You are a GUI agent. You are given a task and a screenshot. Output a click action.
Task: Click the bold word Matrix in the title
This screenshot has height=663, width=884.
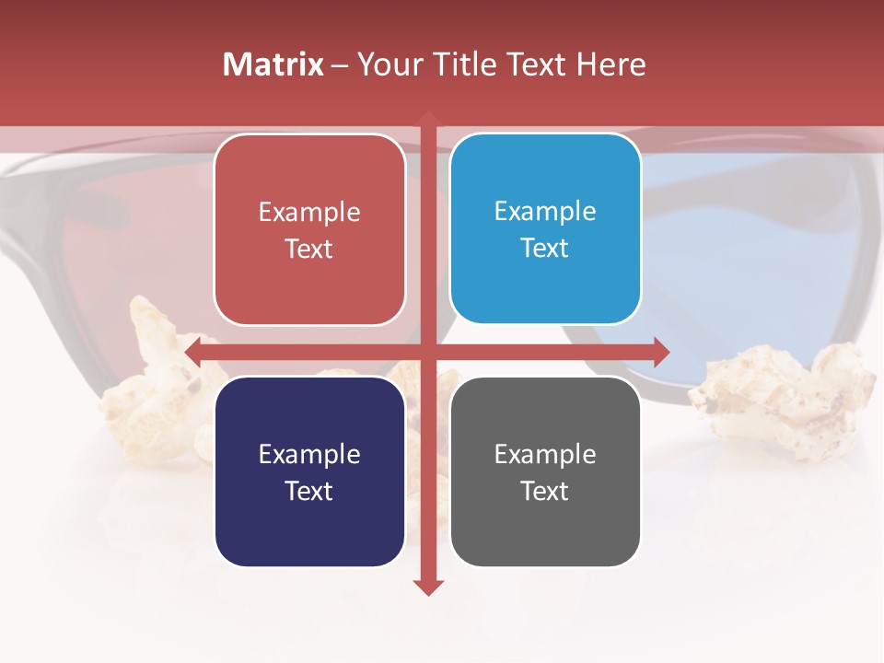coord(273,64)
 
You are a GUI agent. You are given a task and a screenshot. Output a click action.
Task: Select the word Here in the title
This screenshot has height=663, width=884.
coord(611,64)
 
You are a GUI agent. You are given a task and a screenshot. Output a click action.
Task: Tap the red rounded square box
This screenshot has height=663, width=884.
coord(309,230)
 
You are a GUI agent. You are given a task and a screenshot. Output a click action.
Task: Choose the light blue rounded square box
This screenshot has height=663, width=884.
coord(545,229)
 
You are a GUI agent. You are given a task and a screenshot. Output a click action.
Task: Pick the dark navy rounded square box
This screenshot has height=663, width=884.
coord(309,472)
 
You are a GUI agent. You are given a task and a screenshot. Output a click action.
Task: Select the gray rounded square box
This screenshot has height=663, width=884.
coord(545,472)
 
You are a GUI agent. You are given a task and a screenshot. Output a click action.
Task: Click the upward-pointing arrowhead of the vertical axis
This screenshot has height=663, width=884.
coord(428,118)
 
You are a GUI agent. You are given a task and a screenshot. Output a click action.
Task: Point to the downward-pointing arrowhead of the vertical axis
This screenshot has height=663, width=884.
coord(428,587)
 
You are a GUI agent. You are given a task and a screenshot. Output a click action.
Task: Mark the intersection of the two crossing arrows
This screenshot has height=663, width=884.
coord(428,352)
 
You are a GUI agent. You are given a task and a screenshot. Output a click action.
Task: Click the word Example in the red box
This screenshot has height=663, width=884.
coord(309,213)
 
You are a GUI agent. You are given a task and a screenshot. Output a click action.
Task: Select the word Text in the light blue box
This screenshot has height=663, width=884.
coord(545,249)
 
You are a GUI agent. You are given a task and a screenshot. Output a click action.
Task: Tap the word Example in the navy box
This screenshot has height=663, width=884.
coord(309,455)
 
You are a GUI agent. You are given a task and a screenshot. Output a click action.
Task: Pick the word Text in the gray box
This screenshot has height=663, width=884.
coord(545,491)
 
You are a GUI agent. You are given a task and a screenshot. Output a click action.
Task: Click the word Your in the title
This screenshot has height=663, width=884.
coord(388,64)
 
